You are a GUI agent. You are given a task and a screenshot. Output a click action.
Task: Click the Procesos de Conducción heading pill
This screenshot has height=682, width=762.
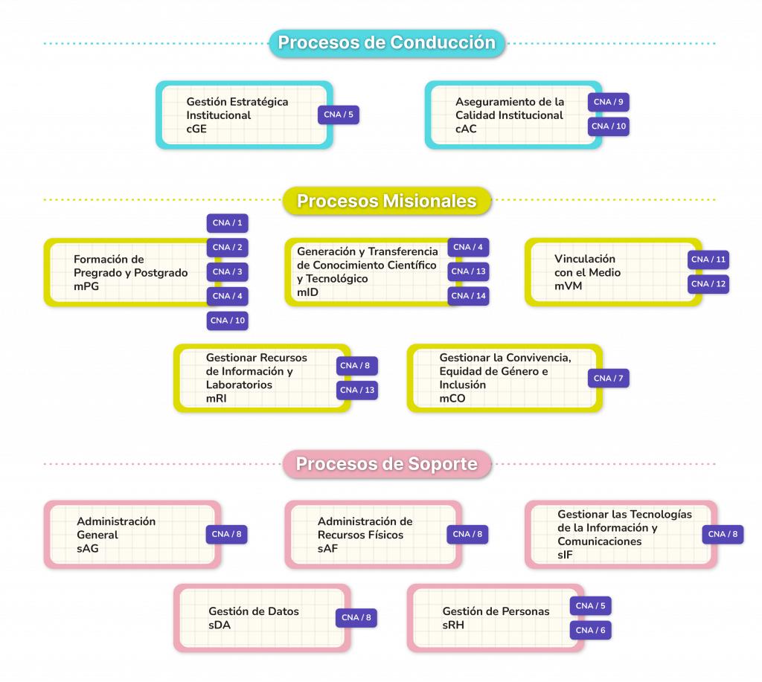click(386, 43)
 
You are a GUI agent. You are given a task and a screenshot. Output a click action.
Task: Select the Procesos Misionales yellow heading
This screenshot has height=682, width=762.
click(386, 201)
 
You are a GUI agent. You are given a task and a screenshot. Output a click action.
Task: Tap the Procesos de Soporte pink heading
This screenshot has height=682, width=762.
click(386, 464)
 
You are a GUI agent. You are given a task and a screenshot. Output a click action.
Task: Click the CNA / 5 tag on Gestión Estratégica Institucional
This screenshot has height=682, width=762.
click(339, 115)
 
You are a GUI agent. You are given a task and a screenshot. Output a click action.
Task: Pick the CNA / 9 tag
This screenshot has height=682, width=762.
click(609, 102)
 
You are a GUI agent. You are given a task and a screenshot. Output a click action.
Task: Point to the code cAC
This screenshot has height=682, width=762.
click(466, 129)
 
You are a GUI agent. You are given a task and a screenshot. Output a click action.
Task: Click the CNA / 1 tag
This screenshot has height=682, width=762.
click(227, 223)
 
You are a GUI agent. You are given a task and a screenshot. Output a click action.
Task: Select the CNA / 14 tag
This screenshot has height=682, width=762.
click(469, 296)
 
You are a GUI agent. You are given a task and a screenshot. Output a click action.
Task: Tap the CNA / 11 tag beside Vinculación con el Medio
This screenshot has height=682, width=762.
click(708, 260)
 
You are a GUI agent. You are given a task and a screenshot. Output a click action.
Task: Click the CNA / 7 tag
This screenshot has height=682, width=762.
click(608, 379)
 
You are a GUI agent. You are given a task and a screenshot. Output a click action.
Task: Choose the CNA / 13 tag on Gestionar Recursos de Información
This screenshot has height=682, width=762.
click(357, 390)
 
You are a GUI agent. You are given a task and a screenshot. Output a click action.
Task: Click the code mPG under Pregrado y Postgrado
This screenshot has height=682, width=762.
click(86, 286)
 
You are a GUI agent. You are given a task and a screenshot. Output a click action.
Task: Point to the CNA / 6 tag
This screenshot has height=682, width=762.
click(590, 630)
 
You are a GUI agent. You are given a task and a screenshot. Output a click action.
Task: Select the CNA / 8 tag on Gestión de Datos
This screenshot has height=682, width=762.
click(356, 617)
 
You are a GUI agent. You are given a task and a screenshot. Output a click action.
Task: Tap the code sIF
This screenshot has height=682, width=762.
click(565, 555)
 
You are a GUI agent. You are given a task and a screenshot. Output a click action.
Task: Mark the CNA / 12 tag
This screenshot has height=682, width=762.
click(708, 284)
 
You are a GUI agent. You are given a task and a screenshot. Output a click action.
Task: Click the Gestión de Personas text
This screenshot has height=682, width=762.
click(496, 611)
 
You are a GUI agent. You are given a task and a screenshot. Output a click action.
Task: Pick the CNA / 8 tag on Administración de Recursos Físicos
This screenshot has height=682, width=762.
click(468, 534)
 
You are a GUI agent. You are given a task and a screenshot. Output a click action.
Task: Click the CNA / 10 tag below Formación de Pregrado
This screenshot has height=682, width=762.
click(227, 321)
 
